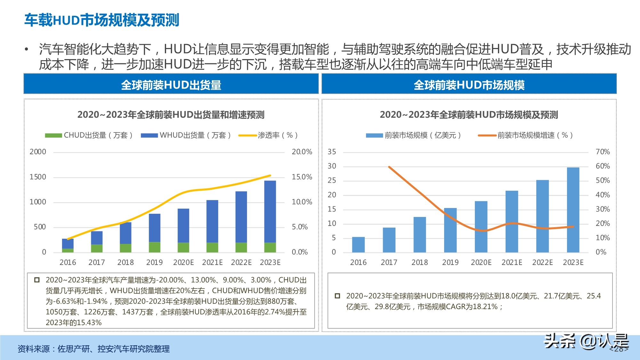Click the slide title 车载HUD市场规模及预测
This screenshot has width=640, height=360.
pyautogui.click(x=102, y=20)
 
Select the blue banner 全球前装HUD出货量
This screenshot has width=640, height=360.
pyautogui.click(x=171, y=85)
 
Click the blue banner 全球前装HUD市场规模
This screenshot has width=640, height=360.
pyautogui.click(x=469, y=85)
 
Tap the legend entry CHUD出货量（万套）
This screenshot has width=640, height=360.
pyautogui.click(x=89, y=135)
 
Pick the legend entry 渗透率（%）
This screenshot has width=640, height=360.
pyautogui.click(x=269, y=135)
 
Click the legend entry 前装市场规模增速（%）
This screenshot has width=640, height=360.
pyautogui.click(x=525, y=135)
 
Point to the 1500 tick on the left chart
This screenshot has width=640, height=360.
pyautogui.click(x=38, y=177)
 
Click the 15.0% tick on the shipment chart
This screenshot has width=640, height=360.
pyautogui.click(x=302, y=177)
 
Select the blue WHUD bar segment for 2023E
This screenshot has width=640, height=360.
pyautogui.click(x=270, y=211)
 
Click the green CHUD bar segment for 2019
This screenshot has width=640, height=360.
pyautogui.click(x=155, y=247)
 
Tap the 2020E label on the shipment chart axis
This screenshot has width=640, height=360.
pyautogui.click(x=183, y=262)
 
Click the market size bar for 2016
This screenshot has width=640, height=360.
pyautogui.click(x=358, y=245)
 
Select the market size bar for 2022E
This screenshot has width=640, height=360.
pyautogui.click(x=542, y=216)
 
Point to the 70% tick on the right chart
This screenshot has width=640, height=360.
pyautogui.click(x=603, y=152)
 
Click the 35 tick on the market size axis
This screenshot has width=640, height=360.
pyautogui.click(x=332, y=152)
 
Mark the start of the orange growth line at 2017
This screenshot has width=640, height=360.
pyautogui.click(x=389, y=167)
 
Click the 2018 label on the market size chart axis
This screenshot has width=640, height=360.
pyautogui.click(x=420, y=262)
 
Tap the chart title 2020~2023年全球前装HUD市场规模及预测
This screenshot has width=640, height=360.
pyautogui.click(x=469, y=115)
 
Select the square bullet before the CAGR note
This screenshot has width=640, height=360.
pyautogui.click(x=337, y=296)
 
